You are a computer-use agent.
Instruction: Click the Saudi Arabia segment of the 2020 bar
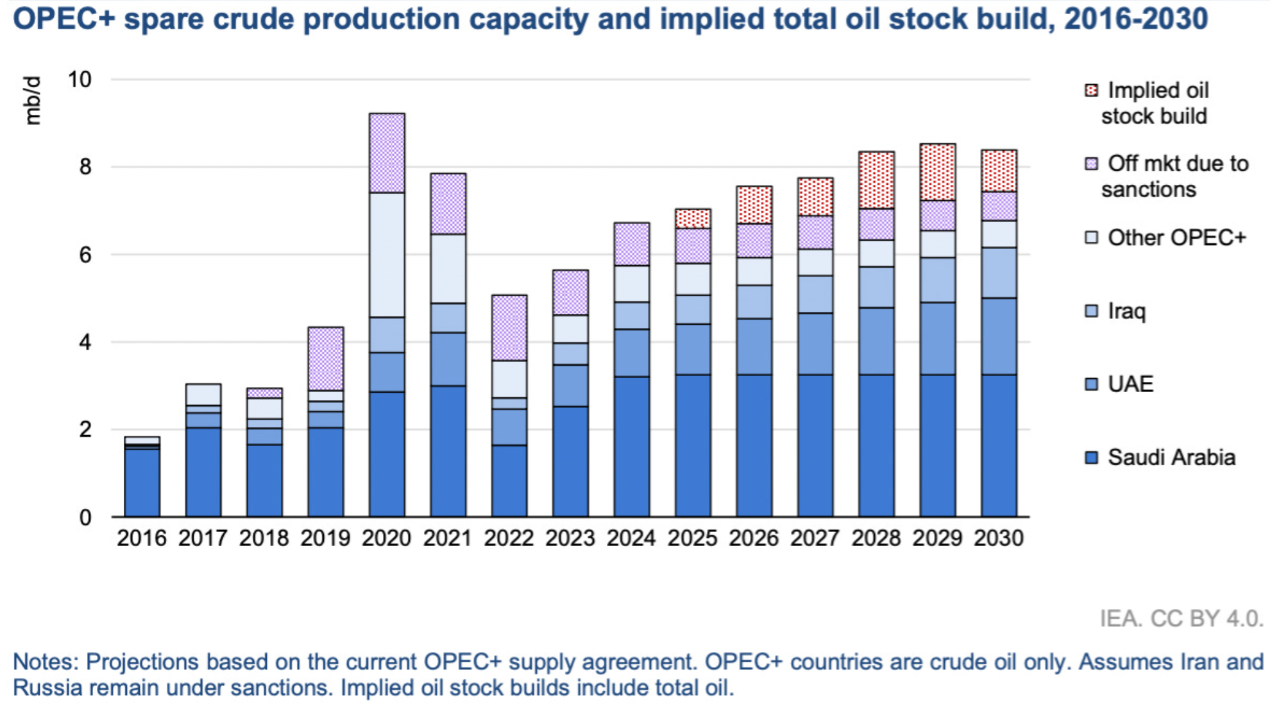(387, 454)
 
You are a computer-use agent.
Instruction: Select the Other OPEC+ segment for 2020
(387, 255)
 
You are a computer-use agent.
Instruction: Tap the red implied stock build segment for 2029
(937, 172)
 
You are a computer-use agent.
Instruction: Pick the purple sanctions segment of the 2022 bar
(509, 327)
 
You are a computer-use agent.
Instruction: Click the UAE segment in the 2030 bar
(999, 336)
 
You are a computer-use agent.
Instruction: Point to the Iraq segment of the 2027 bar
(815, 295)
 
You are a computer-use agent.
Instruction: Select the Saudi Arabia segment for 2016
(142, 482)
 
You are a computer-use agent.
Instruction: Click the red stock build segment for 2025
(693, 219)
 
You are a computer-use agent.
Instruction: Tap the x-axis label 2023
(570, 538)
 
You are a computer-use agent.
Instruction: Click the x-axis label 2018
(264, 538)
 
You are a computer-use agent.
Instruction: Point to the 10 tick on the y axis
(80, 80)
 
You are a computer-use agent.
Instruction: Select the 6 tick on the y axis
(85, 255)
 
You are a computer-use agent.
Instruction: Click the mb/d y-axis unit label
(32, 100)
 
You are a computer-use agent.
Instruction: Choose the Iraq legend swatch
(1091, 311)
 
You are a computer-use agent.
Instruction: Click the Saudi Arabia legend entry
(1171, 458)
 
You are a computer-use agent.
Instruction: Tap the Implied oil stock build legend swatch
(1091, 90)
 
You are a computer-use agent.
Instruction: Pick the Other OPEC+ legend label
(1176, 238)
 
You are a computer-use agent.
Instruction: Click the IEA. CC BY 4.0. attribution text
(1181, 619)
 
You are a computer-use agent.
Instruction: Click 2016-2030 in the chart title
(1135, 19)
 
